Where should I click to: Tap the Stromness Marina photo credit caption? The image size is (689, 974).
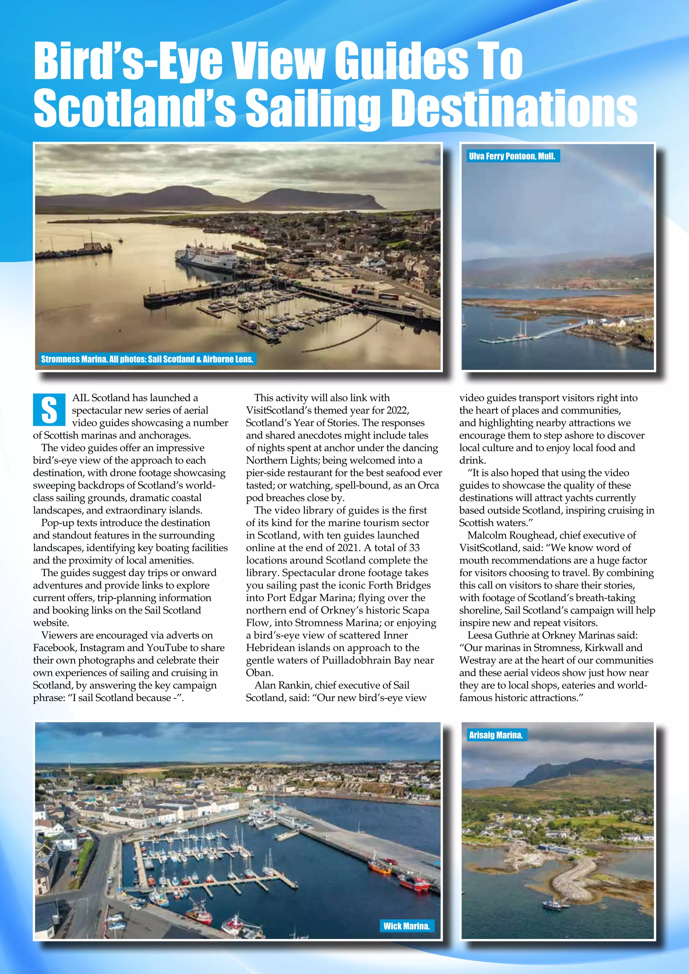(147, 359)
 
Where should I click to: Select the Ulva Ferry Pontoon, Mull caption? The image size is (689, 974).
(512, 156)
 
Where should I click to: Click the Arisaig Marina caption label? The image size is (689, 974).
(496, 735)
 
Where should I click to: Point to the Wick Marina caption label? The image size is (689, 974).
(406, 926)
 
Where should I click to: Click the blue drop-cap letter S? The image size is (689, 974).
(49, 410)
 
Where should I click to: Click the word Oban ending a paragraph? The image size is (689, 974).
(259, 673)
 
